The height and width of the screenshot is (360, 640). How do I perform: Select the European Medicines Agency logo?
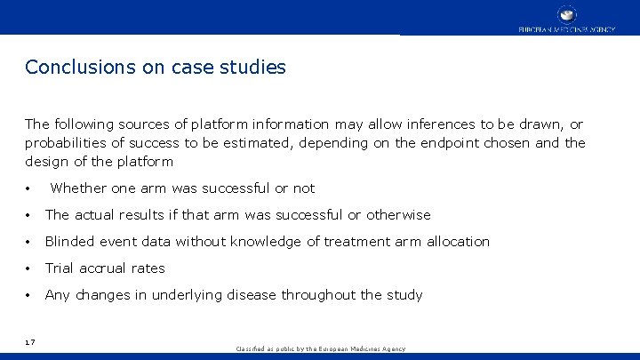566,18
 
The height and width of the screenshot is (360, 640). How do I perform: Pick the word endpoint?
439,143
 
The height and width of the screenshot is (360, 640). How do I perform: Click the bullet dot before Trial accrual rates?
30,268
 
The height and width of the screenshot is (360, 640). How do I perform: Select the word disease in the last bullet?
253,295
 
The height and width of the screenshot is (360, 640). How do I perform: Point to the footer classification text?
320,349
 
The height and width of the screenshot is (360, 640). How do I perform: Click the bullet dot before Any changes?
30,295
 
